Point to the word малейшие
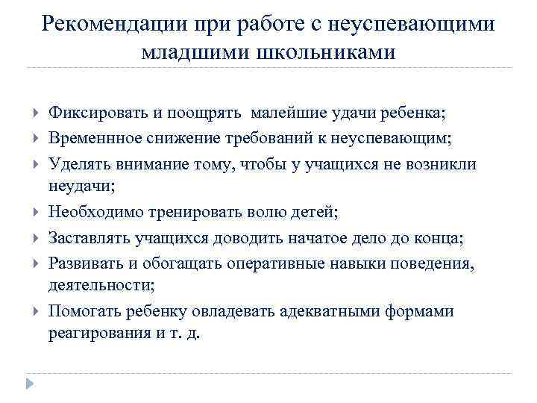coord(286,113)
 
